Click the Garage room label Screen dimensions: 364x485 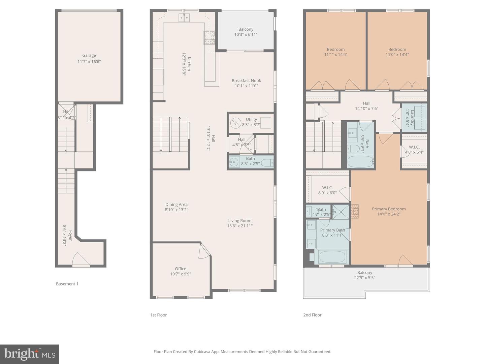pos(89,56)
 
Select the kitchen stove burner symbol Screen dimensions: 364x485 pos(209,37)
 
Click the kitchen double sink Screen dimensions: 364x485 pos(184,18)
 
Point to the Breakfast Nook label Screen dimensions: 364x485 pos(246,81)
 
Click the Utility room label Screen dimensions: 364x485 pos(251,119)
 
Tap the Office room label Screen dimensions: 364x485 pos(181,269)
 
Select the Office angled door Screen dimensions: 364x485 pos(204,250)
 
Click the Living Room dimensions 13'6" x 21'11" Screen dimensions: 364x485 pos(240,226)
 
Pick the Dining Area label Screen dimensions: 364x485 pos(176,205)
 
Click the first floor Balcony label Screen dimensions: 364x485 pos(246,29)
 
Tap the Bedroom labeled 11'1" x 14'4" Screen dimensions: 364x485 pos(336,52)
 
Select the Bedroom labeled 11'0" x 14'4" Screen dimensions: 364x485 pos(397,52)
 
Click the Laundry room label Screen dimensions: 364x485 pos(412,117)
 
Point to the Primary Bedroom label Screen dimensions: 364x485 pos(389,209)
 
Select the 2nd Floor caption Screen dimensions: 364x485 pos(312,315)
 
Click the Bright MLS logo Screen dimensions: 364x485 pos(30,354)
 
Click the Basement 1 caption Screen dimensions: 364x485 pos(67,284)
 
